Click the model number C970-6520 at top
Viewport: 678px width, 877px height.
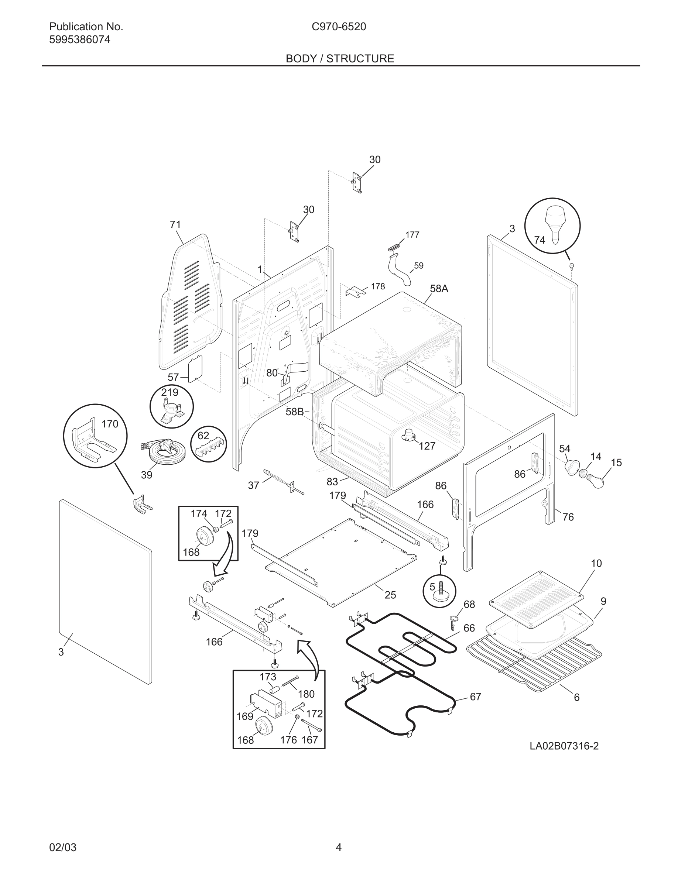point(339,27)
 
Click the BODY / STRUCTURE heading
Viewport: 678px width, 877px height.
point(340,59)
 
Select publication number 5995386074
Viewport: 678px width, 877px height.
point(79,40)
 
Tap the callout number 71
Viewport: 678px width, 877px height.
point(175,225)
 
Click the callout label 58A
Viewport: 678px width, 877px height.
point(439,288)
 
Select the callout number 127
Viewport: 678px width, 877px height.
point(427,446)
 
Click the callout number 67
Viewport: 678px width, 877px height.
point(475,697)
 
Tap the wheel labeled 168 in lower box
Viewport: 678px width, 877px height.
point(264,726)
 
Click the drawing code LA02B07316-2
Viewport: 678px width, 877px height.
point(564,746)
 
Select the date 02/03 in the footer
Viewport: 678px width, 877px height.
point(63,848)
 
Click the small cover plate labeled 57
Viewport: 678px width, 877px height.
point(196,369)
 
